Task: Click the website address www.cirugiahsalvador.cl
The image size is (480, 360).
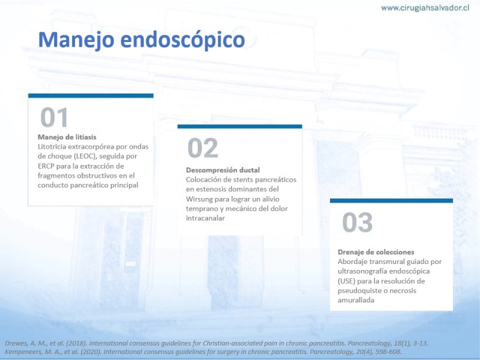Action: tap(425, 8)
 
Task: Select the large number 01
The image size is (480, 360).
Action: tap(54, 117)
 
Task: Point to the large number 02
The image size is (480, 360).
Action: tap(203, 148)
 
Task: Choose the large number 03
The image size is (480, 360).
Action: tap(357, 222)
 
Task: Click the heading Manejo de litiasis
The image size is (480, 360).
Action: tap(67, 137)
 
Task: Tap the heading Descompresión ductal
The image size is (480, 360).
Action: tap(223, 170)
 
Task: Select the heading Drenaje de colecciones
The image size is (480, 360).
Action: tap(376, 252)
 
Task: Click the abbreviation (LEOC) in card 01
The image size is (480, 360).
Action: tap(85, 156)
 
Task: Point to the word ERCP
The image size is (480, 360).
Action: tap(46, 166)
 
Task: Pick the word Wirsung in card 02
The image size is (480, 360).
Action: tap(199, 199)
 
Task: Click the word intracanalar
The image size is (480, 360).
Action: tap(205, 218)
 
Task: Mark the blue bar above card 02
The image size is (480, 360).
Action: tap(239, 127)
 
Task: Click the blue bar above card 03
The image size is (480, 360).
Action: tap(391, 201)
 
